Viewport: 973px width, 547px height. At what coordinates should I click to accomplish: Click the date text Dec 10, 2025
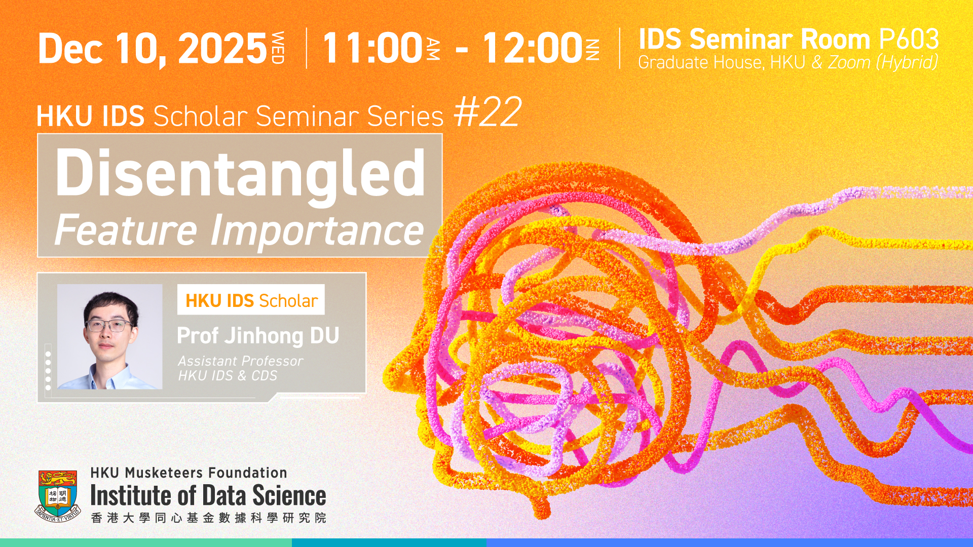(x=153, y=49)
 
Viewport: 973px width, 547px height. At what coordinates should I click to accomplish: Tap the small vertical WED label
(x=278, y=48)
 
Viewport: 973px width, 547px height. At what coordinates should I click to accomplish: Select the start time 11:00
(x=372, y=48)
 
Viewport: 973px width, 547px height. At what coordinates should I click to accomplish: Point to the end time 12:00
(x=532, y=48)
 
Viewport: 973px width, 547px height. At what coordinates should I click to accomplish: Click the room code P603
(x=909, y=39)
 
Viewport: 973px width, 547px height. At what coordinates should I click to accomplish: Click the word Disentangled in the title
(x=240, y=173)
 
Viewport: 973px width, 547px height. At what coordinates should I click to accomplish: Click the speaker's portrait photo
(x=110, y=337)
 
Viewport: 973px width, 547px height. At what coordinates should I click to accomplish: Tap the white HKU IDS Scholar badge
(x=251, y=300)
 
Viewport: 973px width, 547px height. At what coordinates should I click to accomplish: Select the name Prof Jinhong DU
(x=258, y=336)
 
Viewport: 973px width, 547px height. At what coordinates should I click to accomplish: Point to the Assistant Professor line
(x=240, y=361)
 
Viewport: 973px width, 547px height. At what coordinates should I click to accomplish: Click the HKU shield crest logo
(x=58, y=495)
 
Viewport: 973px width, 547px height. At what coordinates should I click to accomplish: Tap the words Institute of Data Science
(x=208, y=495)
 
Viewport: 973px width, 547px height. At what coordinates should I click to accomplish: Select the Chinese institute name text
(x=208, y=518)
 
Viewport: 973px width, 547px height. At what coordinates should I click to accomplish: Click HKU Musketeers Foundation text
(x=189, y=473)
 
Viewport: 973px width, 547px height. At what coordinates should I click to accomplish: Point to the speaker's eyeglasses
(x=109, y=325)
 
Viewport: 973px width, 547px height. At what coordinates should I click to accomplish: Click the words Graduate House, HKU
(x=722, y=62)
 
